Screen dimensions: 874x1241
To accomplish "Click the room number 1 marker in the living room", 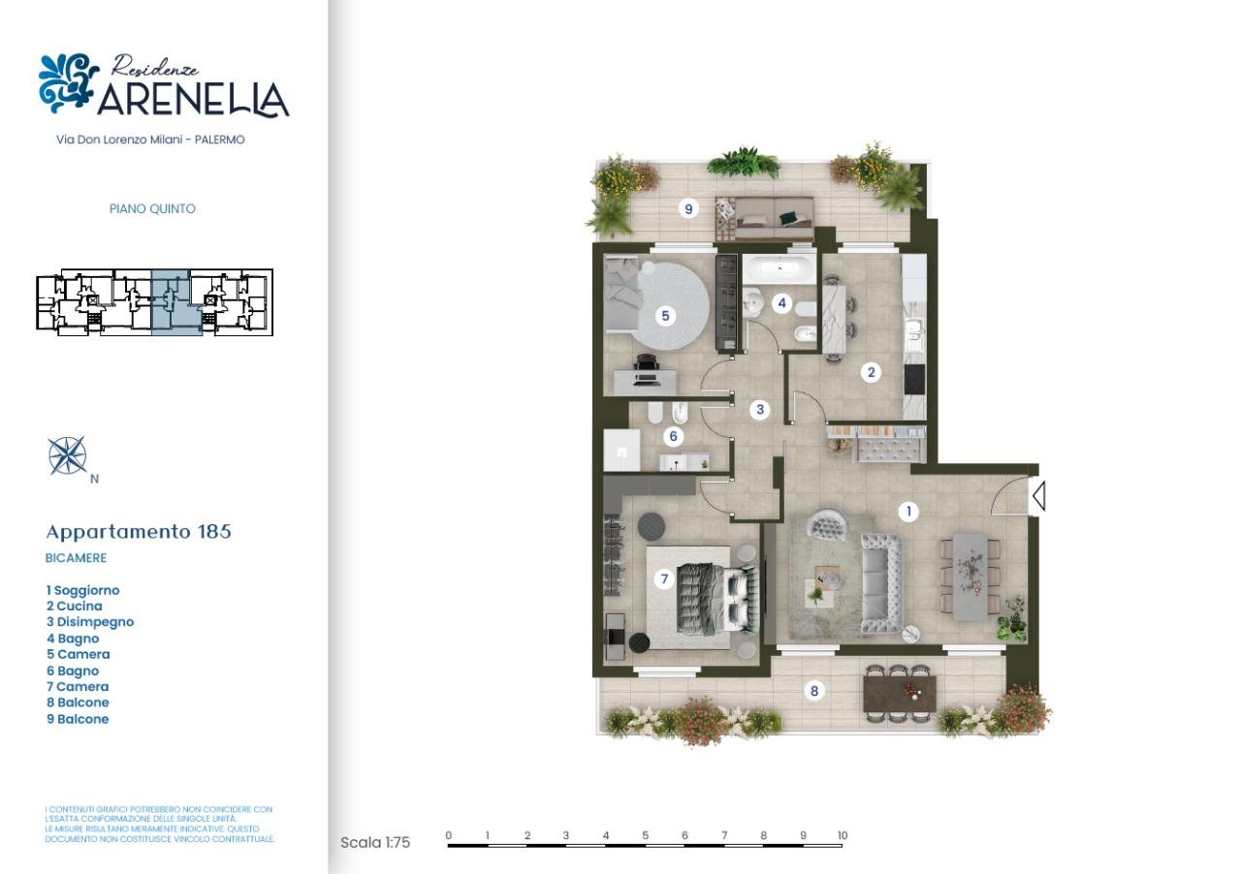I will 907,511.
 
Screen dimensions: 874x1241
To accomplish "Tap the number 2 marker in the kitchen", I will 871,372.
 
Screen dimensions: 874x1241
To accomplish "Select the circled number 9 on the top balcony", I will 688,208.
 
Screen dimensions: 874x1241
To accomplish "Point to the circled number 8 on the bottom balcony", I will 814,691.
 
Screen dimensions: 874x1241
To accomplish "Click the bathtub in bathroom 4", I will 781,268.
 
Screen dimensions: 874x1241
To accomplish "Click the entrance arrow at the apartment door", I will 1037,497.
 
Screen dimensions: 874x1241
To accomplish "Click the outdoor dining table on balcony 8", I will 899,692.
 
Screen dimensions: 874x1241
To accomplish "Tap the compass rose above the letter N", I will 67,455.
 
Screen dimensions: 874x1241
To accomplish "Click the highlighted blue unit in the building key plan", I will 175,302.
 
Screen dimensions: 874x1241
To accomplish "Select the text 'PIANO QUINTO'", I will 152,208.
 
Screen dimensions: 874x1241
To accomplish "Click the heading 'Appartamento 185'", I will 139,531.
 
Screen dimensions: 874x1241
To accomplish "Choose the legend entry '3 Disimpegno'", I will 90,622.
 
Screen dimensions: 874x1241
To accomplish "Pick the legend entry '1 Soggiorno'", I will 83,590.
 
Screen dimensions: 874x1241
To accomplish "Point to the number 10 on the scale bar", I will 842,835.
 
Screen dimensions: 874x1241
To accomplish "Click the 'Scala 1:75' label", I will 375,842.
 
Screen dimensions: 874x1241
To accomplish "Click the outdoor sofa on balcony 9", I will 764,219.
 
